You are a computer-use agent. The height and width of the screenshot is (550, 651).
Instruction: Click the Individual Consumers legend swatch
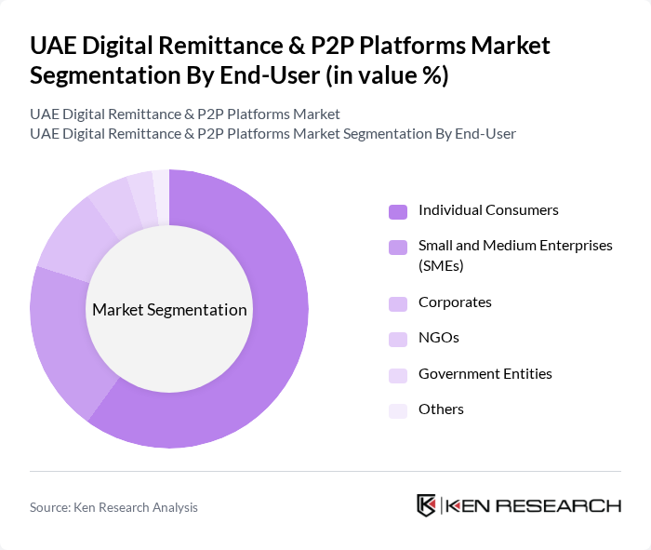tap(398, 211)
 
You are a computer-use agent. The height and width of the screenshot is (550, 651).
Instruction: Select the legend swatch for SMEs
tap(398, 247)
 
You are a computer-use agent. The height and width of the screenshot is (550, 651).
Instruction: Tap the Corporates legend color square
tap(398, 303)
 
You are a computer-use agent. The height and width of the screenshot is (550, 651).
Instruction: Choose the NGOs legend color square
tap(398, 339)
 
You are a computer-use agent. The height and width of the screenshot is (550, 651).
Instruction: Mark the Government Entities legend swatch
tap(398, 375)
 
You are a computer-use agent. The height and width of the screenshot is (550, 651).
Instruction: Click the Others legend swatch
tap(398, 410)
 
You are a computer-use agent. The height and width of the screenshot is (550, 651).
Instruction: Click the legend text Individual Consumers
tap(488, 210)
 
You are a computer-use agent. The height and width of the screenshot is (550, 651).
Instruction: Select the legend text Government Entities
tap(485, 374)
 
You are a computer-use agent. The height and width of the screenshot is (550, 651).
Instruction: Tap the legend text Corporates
tap(455, 302)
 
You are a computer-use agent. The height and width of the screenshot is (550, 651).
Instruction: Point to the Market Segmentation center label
tap(169, 310)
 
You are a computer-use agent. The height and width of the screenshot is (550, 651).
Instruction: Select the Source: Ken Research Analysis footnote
tap(113, 507)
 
